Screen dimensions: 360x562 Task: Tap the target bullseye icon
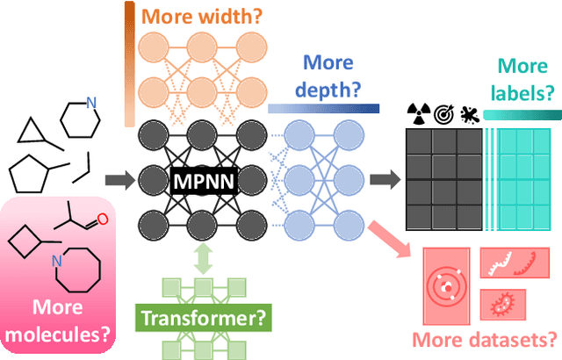point(442,113)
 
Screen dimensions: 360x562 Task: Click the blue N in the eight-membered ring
point(57,259)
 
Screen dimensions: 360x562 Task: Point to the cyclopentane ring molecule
point(32,172)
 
